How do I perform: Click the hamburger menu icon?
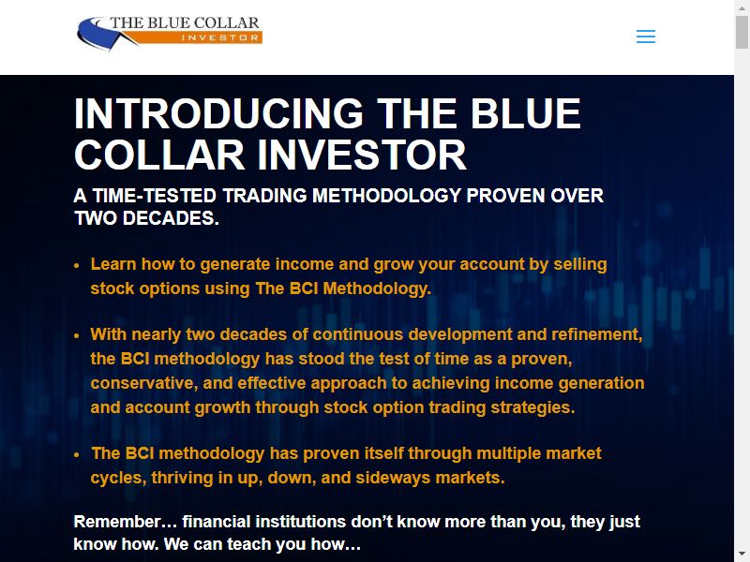646,37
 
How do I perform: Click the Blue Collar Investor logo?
170,33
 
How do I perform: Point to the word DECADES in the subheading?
171,218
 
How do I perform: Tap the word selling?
580,264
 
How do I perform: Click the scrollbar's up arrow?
742,7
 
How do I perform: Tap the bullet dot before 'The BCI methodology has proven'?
77,455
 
